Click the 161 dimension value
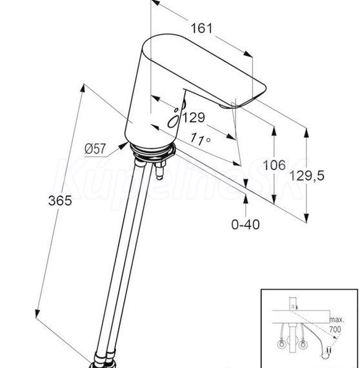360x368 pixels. [x=202, y=28]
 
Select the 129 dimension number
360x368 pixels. [x=194, y=117]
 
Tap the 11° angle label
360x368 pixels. [x=200, y=139]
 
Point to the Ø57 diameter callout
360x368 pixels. [x=95, y=149]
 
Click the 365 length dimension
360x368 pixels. [x=60, y=200]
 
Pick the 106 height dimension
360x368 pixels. [x=274, y=165]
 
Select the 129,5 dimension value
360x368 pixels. [x=306, y=176]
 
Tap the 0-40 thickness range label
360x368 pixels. [x=246, y=224]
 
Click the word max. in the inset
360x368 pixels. [x=337, y=320]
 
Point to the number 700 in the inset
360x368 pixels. [x=335, y=329]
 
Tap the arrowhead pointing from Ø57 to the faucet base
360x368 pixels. [x=123, y=146]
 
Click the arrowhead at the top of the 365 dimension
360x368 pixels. [x=83, y=88]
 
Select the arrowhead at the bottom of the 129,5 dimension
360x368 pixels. [x=306, y=218]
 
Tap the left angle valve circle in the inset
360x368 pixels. [x=281, y=345]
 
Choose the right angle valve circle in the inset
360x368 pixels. [x=303, y=345]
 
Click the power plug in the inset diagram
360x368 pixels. [x=330, y=351]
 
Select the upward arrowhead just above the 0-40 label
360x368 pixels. [x=246, y=200]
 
